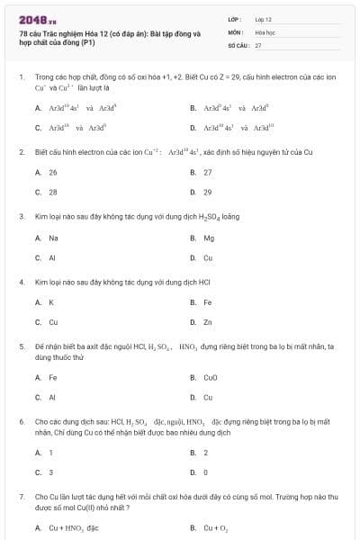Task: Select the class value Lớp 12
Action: click(264, 18)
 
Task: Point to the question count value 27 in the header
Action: click(258, 44)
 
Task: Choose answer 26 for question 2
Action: click(52, 171)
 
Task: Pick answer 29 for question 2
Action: click(208, 192)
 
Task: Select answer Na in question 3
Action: click(53, 238)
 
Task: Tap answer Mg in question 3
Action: click(209, 238)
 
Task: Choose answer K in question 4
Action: click(51, 301)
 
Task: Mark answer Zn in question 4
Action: click(208, 321)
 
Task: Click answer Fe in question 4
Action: click(208, 301)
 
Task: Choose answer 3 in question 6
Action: click(50, 472)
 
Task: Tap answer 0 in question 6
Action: click(206, 472)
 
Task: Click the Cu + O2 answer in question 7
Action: click(216, 528)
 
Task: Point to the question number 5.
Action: click(21, 346)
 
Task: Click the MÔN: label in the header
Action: click(237, 31)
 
